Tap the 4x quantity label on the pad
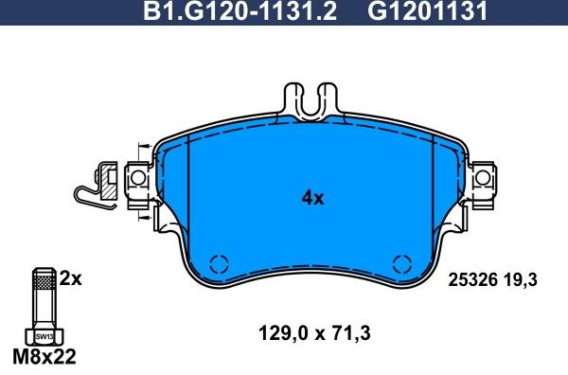312,198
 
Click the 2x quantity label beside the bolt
70,278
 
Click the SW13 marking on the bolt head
44,335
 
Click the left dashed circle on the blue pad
220,265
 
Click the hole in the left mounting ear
136,177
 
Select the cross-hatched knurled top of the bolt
43,281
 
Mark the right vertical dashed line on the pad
435,194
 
